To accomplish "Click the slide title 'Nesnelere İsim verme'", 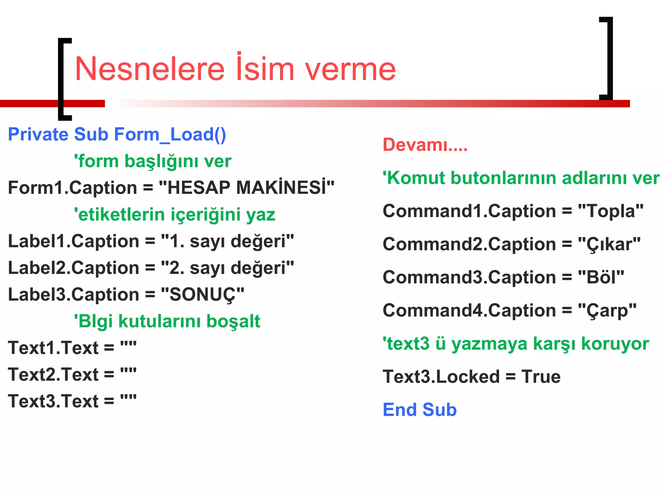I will [x=235, y=68].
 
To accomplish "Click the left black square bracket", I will [x=62, y=79].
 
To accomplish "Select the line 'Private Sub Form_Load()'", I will [x=117, y=134].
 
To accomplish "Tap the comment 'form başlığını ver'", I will [x=152, y=161].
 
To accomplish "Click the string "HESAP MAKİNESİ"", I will [x=246, y=188].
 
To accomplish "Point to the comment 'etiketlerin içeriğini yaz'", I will [x=174, y=215].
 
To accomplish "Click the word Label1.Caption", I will [x=73, y=241].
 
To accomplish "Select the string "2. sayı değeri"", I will [x=227, y=268].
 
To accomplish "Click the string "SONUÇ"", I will [x=202, y=295].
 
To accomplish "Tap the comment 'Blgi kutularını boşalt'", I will [x=167, y=321].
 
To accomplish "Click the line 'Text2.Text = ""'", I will [x=72, y=375].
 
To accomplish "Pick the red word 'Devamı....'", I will [x=425, y=145].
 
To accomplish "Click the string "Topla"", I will [x=611, y=211].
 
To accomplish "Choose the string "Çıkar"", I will [x=609, y=244].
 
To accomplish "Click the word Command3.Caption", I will [x=469, y=277].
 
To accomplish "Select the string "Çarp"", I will [x=607, y=311].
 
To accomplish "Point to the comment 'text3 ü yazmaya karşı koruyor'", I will [x=516, y=344].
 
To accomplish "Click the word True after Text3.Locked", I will [x=541, y=377].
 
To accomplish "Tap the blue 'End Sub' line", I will [x=420, y=410].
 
